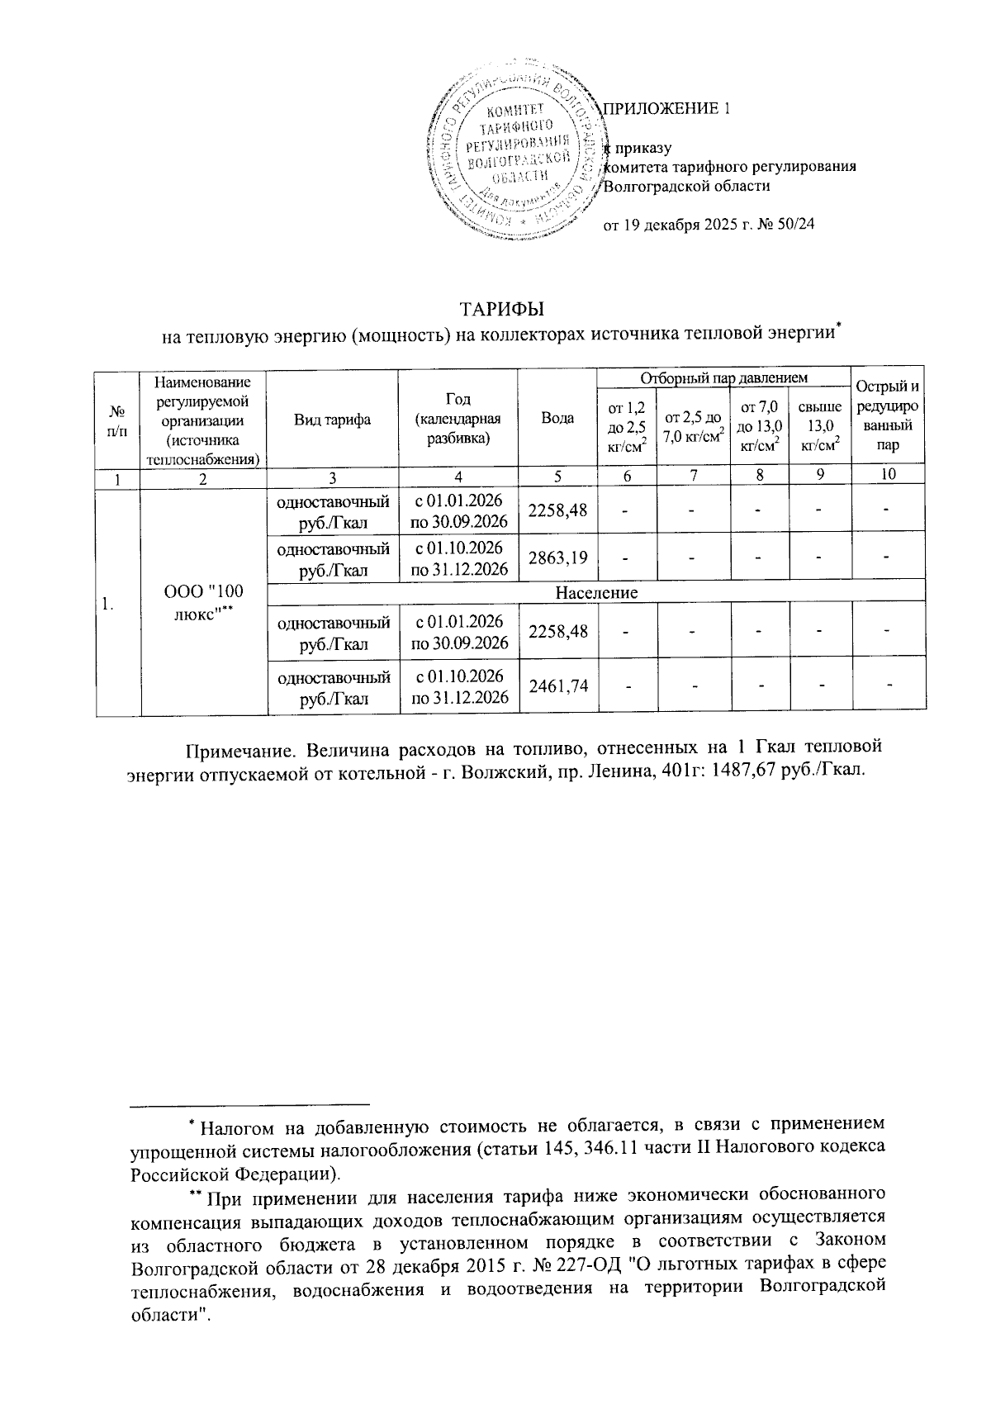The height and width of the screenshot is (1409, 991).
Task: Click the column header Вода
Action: [557, 419]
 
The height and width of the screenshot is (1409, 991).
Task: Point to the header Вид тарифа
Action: [332, 419]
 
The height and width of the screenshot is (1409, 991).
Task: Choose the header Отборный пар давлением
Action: [723, 377]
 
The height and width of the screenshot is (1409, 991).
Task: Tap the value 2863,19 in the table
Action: [557, 557]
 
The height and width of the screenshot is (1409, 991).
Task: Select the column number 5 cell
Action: [557, 475]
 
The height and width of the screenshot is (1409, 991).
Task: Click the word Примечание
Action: [239, 749]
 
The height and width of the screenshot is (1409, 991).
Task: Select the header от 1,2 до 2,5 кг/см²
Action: [627, 426]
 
